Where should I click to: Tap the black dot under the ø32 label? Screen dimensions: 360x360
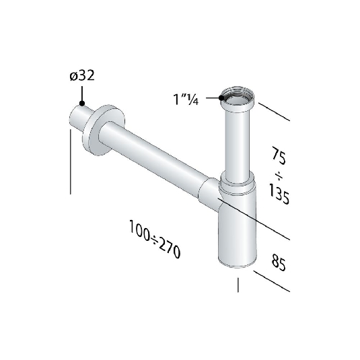tap(81, 104)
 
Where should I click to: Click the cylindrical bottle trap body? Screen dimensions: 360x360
tap(238, 229)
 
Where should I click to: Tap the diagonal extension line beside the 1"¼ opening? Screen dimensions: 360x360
tap(274, 111)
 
